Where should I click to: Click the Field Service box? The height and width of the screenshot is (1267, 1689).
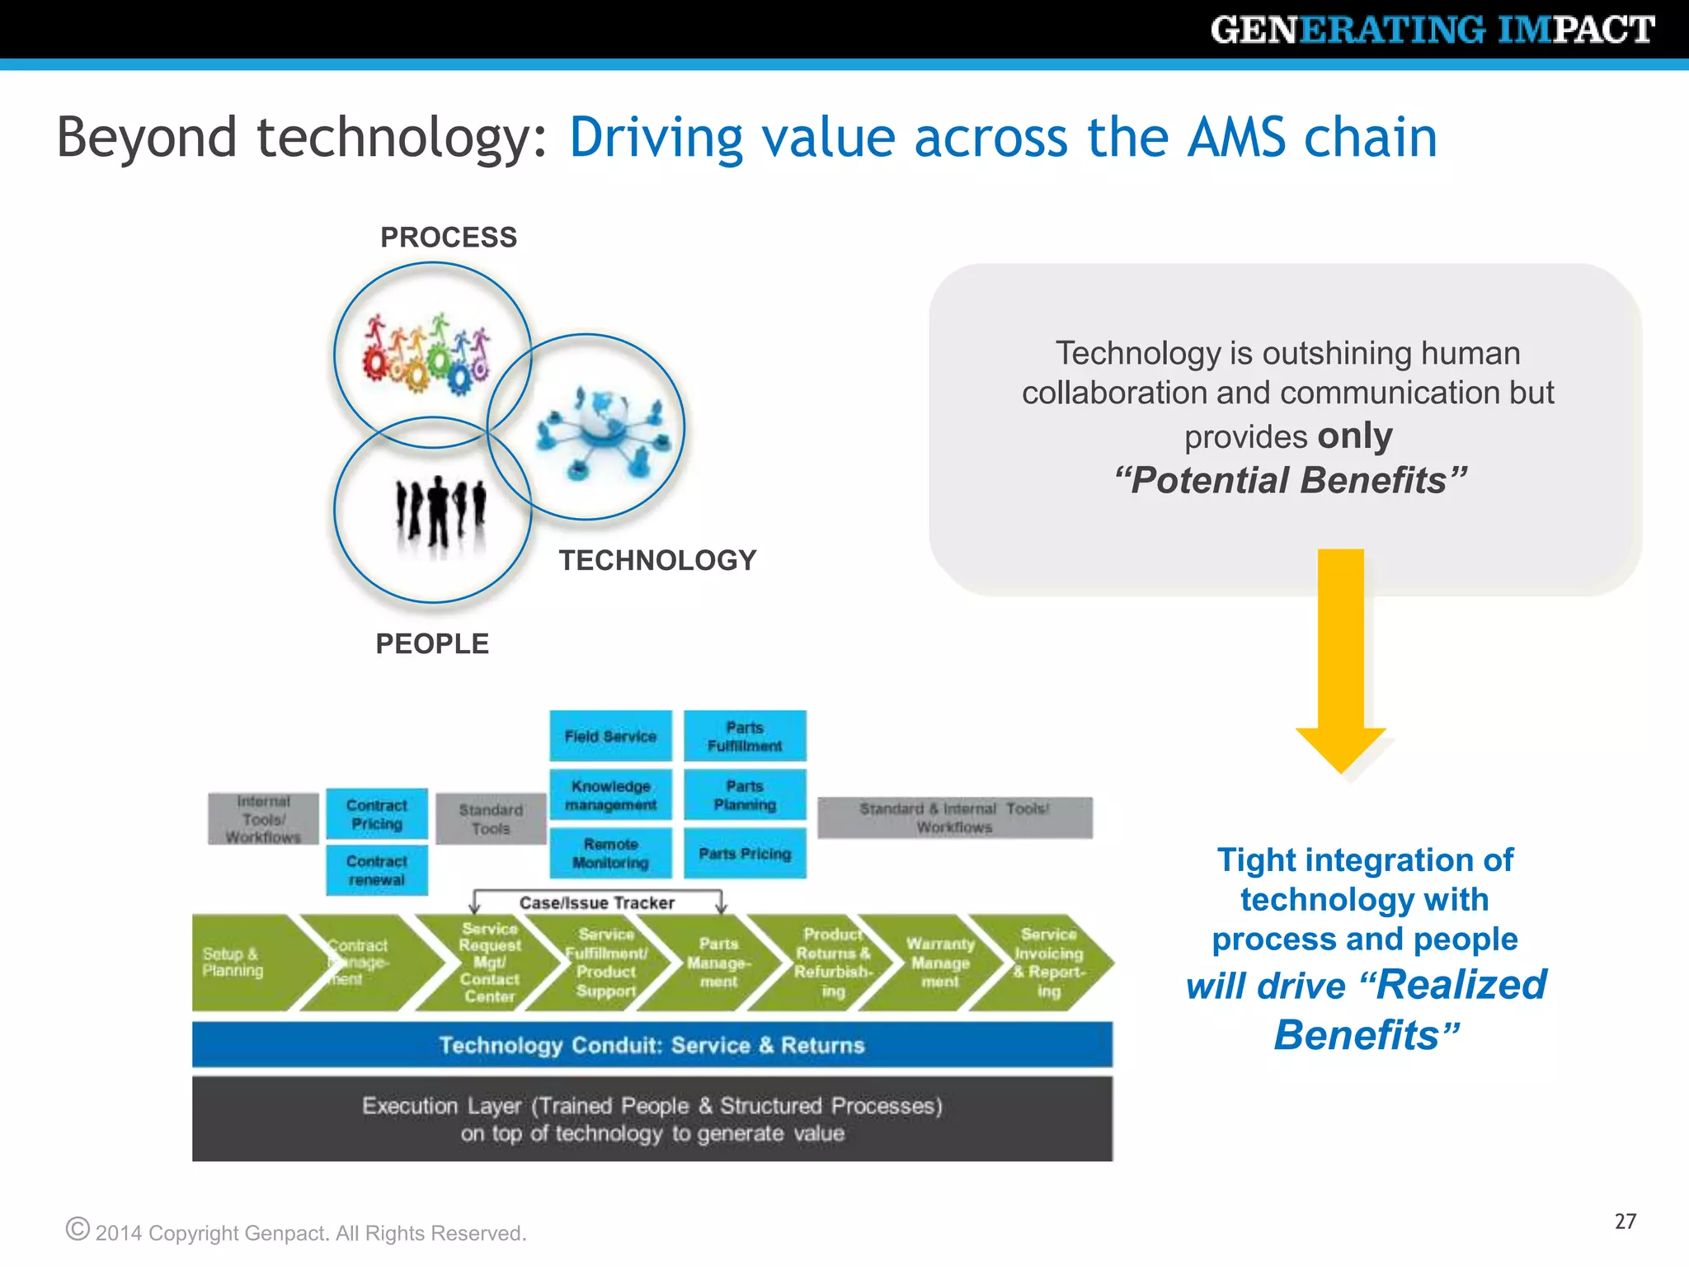[x=610, y=736]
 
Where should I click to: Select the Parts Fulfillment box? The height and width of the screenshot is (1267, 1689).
[x=745, y=736]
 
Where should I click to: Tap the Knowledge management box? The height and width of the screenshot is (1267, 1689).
[x=610, y=795]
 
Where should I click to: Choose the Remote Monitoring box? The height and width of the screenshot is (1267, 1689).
[x=610, y=854]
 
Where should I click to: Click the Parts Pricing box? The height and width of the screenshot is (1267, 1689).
[x=745, y=854]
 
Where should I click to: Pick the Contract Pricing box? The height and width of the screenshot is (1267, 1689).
[x=377, y=814]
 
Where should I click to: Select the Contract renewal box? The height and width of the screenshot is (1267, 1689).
[x=377, y=870]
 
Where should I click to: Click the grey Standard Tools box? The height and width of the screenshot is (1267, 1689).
[x=491, y=819]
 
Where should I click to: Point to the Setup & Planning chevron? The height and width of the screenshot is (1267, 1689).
[x=239, y=963]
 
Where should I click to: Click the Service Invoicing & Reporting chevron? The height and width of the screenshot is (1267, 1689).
[x=1047, y=963]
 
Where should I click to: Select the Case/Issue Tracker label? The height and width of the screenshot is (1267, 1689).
[x=597, y=903]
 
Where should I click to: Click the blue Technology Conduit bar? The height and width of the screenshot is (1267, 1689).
[x=652, y=1045]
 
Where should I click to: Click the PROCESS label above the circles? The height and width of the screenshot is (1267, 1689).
[x=449, y=238]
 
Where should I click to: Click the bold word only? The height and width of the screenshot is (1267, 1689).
[x=1354, y=436]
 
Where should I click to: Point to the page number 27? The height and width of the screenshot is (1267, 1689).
[x=1625, y=1222]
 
